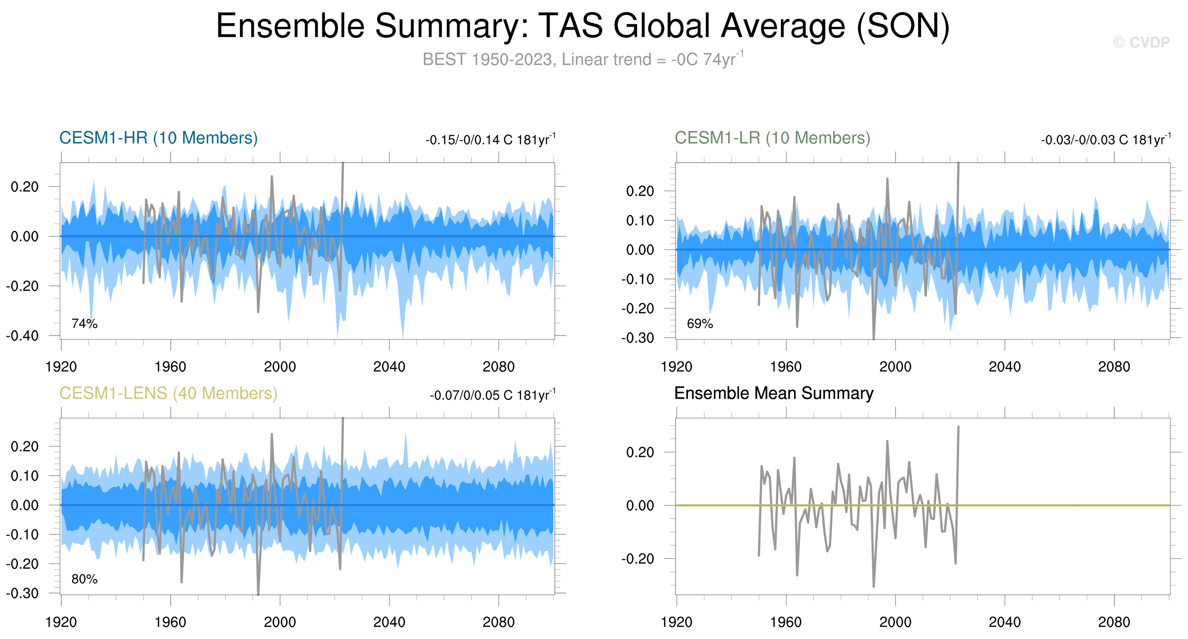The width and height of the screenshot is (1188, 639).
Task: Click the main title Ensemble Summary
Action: point(583,26)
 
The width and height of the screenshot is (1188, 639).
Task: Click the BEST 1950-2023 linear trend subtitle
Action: point(583,59)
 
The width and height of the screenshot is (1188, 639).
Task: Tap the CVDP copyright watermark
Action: point(1141,42)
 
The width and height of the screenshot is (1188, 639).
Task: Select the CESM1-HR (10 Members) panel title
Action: point(158,138)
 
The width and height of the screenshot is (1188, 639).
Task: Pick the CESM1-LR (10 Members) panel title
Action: point(773,138)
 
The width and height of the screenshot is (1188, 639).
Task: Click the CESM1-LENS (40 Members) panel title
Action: point(168,393)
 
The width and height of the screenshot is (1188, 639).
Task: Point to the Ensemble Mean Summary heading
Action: point(773,393)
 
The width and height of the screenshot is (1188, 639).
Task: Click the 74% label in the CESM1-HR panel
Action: point(84,324)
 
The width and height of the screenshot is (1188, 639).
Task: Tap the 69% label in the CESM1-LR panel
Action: point(700,324)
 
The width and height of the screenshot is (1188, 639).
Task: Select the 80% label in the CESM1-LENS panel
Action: point(84,579)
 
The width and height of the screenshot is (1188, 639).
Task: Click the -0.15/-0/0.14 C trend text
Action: point(490,140)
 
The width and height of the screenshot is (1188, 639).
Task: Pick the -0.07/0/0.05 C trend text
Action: point(492,395)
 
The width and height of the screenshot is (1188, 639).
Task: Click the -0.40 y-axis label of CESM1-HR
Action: point(22,336)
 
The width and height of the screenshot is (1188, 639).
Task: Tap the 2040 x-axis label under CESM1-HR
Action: point(389,367)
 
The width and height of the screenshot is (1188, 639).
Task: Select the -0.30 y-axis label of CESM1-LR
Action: point(637,338)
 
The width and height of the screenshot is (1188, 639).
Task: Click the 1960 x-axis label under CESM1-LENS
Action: point(170,622)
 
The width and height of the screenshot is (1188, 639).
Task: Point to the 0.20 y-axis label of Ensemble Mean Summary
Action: point(640,452)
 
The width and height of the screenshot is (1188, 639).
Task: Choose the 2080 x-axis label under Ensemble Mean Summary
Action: point(1114,622)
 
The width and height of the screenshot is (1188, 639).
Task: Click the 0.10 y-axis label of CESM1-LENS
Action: point(24,476)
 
